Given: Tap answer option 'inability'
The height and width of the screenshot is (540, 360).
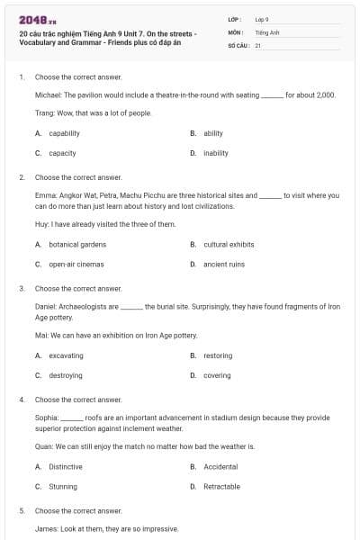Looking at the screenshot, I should pyautogui.click(x=216, y=153).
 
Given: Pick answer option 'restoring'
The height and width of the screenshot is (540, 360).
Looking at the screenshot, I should pyautogui.click(x=218, y=355).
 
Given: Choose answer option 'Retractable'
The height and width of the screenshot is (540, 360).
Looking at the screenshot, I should pyautogui.click(x=222, y=486).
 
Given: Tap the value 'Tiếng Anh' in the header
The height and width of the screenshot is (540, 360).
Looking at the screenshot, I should pyautogui.click(x=264, y=31).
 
